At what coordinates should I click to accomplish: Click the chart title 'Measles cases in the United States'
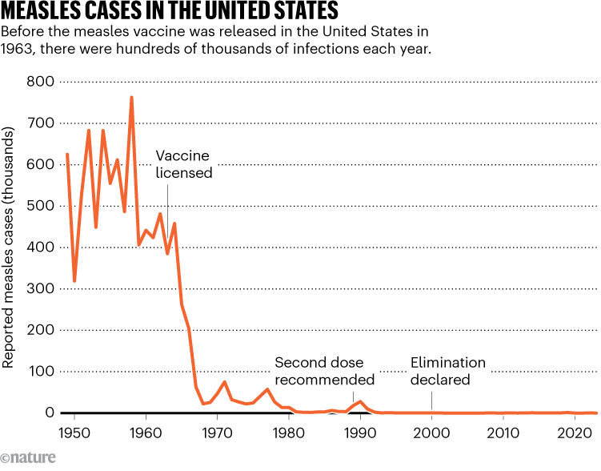(169, 12)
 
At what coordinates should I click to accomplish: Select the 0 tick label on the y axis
(49, 413)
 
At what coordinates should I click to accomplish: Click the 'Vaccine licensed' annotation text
(183, 163)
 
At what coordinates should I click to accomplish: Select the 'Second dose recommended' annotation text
(324, 371)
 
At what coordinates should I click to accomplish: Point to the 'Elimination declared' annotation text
(448, 371)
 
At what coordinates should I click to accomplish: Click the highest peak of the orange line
(131, 98)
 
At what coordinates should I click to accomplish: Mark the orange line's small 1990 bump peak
(360, 401)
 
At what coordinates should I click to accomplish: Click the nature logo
(30, 460)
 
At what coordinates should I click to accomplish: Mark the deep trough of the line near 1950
(74, 281)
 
